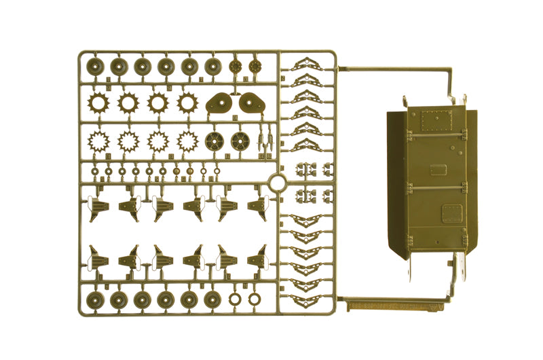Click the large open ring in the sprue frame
click(x=278, y=183)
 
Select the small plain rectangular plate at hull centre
click(x=438, y=169)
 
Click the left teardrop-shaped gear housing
click(x=218, y=102)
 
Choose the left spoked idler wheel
click(x=214, y=141)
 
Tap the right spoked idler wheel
click(x=238, y=141)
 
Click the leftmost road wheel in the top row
click(x=95, y=66)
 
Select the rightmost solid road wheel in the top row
click(x=212, y=66)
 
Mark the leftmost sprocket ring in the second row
click(x=99, y=103)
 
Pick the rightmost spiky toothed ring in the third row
click(x=188, y=141)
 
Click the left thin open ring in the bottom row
click(x=235, y=298)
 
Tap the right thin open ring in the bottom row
click(x=254, y=298)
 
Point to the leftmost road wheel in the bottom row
click(x=95, y=300)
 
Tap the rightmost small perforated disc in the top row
click(x=255, y=66)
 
